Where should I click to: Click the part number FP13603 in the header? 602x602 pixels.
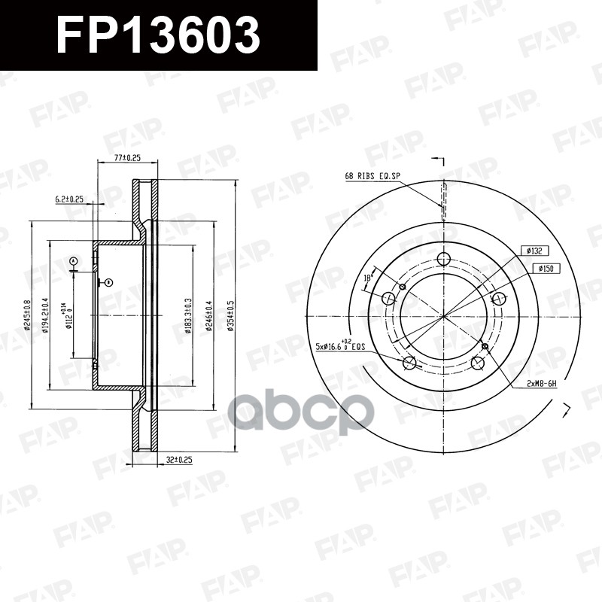(159, 35)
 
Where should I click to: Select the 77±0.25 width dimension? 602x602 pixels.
(127, 158)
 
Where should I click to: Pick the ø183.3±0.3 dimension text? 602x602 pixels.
(187, 315)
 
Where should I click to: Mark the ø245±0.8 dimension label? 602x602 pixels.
(28, 316)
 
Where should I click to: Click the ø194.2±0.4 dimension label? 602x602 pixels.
(46, 315)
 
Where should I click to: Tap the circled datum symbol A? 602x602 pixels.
(73, 261)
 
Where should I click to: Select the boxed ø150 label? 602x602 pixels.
(547, 268)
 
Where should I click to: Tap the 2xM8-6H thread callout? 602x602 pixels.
(541, 383)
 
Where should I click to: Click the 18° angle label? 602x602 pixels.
(368, 278)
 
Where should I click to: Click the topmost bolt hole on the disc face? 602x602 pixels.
(443, 259)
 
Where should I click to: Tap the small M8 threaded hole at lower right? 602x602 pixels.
(485, 346)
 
